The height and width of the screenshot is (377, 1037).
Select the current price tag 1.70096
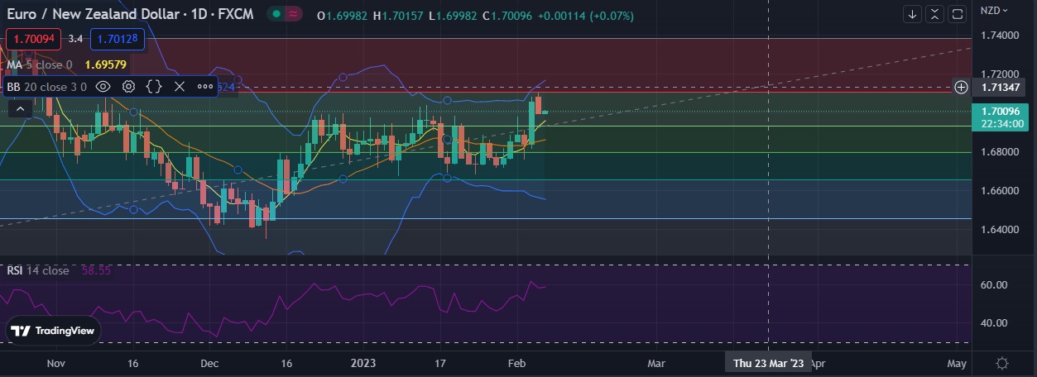point(1002,111)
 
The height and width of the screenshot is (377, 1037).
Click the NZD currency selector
point(993,10)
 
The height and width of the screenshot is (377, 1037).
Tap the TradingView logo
point(55,331)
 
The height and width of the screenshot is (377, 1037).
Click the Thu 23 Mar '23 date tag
point(768,363)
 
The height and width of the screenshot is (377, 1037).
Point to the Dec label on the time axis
point(209,363)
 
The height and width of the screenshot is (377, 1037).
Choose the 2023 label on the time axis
point(363,363)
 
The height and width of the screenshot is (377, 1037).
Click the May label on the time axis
point(956,363)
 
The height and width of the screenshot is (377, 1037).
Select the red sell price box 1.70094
point(32,38)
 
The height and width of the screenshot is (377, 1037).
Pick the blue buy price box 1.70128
point(117,38)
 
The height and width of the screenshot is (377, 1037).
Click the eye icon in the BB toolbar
point(103,86)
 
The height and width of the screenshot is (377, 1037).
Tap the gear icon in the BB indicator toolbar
point(129,86)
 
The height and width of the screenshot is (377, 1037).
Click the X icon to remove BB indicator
point(179,86)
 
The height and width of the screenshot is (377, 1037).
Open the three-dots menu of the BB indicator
point(204,86)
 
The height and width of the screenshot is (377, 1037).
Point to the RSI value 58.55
point(96,270)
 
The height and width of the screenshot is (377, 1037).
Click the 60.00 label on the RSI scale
point(993,284)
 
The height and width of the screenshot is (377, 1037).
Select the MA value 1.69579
point(106,64)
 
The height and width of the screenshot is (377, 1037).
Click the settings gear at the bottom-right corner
point(1002,363)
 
